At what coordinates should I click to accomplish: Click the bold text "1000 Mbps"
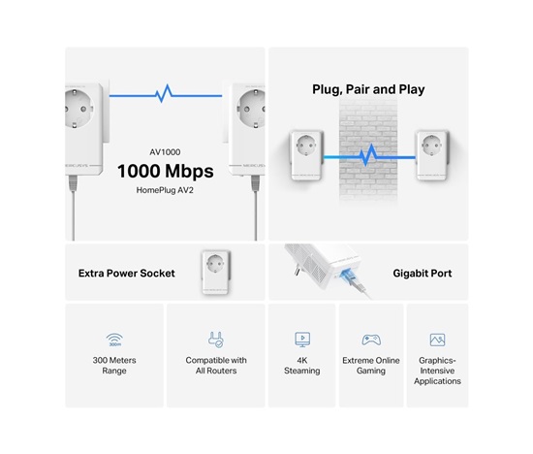click(x=165, y=172)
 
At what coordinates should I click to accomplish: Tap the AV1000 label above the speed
click(x=165, y=152)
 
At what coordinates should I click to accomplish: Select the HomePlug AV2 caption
click(x=165, y=190)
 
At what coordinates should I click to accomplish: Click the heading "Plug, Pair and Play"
click(x=368, y=89)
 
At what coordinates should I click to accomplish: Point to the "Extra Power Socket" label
click(x=126, y=274)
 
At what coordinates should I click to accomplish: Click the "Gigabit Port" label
click(x=423, y=274)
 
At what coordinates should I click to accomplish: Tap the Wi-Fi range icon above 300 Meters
click(x=114, y=340)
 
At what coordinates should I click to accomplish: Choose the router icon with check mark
click(x=216, y=340)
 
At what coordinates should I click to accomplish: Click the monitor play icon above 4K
click(x=302, y=340)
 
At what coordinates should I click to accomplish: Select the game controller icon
click(x=371, y=340)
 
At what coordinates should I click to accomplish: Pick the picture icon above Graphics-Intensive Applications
click(x=437, y=340)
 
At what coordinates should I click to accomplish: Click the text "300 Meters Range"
click(x=114, y=366)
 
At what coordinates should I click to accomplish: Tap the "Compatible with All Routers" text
click(x=216, y=366)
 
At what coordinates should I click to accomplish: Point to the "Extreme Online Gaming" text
click(x=371, y=366)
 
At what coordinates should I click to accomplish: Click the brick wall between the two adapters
click(x=368, y=149)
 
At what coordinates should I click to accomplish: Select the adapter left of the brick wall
click(x=305, y=155)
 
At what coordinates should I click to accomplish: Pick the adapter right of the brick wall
click(x=432, y=155)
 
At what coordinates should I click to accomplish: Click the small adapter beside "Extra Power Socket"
click(x=215, y=273)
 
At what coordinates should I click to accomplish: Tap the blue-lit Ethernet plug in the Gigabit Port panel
click(x=349, y=276)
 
